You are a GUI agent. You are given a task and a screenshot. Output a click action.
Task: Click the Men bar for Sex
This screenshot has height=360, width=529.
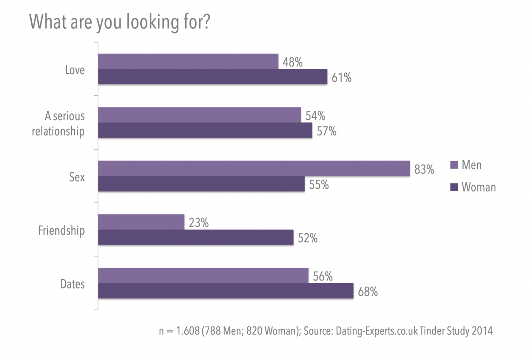[254, 169]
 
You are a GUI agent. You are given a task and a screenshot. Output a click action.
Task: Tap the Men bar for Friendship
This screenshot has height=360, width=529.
[141, 222]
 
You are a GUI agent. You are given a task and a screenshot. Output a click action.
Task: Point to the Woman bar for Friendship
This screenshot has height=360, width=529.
[196, 237]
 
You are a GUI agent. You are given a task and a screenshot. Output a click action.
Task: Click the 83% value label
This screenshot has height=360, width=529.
[424, 169]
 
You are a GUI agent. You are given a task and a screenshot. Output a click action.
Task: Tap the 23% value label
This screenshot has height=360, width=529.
[198, 223]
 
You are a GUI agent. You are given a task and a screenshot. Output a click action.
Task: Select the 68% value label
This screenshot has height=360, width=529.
[368, 292]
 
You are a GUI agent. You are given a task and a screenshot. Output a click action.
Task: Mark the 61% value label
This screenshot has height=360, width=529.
[341, 78]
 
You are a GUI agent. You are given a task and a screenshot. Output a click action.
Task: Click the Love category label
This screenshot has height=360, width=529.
[75, 70]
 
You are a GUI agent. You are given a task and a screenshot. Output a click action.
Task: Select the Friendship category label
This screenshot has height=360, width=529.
[61, 230]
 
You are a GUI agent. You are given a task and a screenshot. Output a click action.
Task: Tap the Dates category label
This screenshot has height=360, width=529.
[72, 284]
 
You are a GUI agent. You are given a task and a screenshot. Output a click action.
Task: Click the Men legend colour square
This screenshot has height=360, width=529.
[454, 165]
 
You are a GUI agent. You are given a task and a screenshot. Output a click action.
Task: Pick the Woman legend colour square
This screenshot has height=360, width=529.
[454, 187]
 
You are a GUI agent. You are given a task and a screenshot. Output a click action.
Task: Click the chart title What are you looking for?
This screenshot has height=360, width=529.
[119, 22]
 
